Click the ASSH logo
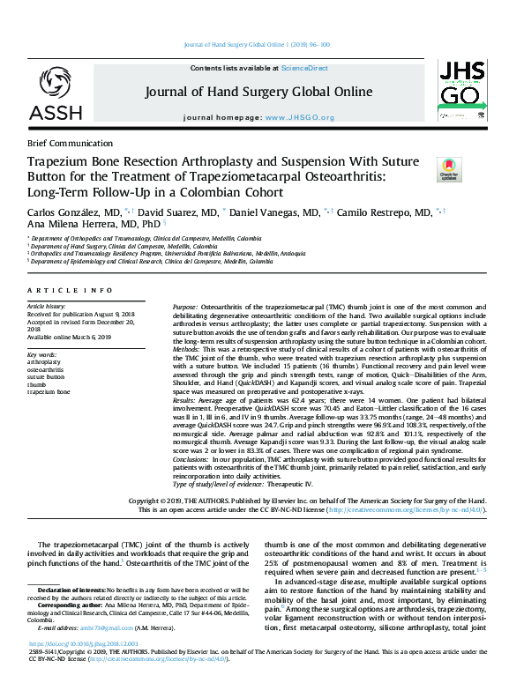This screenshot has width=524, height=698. [55, 94]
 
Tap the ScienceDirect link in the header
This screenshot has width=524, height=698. [303, 68]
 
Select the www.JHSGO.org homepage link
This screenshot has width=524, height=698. [300, 117]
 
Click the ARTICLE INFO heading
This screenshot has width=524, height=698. [70, 290]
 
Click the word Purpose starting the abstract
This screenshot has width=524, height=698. [160, 306]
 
